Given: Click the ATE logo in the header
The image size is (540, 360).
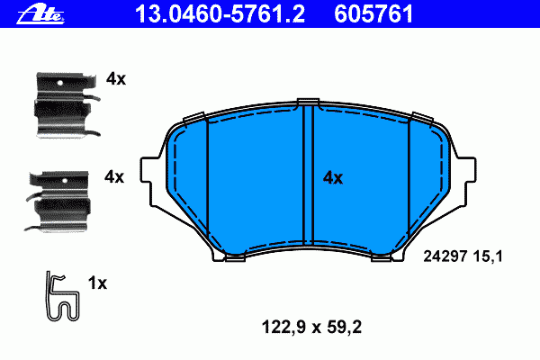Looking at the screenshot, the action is pyautogui.click(x=40, y=14).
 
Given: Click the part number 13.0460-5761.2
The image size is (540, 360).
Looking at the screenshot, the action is pyautogui.click(x=220, y=14).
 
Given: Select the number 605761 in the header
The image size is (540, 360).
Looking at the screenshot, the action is pyautogui.click(x=373, y=14).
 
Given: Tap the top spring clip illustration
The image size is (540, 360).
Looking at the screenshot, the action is pyautogui.click(x=67, y=104).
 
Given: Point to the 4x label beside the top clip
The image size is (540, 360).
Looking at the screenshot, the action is pyautogui.click(x=116, y=79).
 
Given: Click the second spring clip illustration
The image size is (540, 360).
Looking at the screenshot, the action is pyautogui.click(x=58, y=201).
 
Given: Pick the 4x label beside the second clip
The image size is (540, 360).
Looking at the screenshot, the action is pyautogui.click(x=114, y=177).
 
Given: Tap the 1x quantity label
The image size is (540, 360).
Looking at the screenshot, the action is pyautogui.click(x=97, y=283).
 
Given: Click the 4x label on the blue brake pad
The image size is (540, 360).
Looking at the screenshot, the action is pyautogui.click(x=333, y=178).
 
